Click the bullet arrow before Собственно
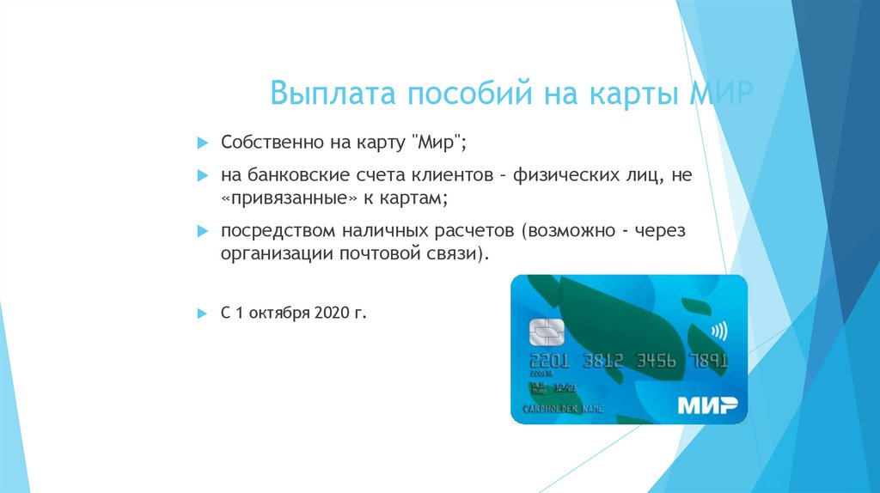pos(202,139)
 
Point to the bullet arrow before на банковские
pos(202,175)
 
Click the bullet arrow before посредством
pos(202,232)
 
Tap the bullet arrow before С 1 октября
pos(202,313)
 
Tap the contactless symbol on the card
pos(716,330)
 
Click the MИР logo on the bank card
pos(706,405)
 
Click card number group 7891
pos(711,361)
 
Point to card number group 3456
pos(656,361)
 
